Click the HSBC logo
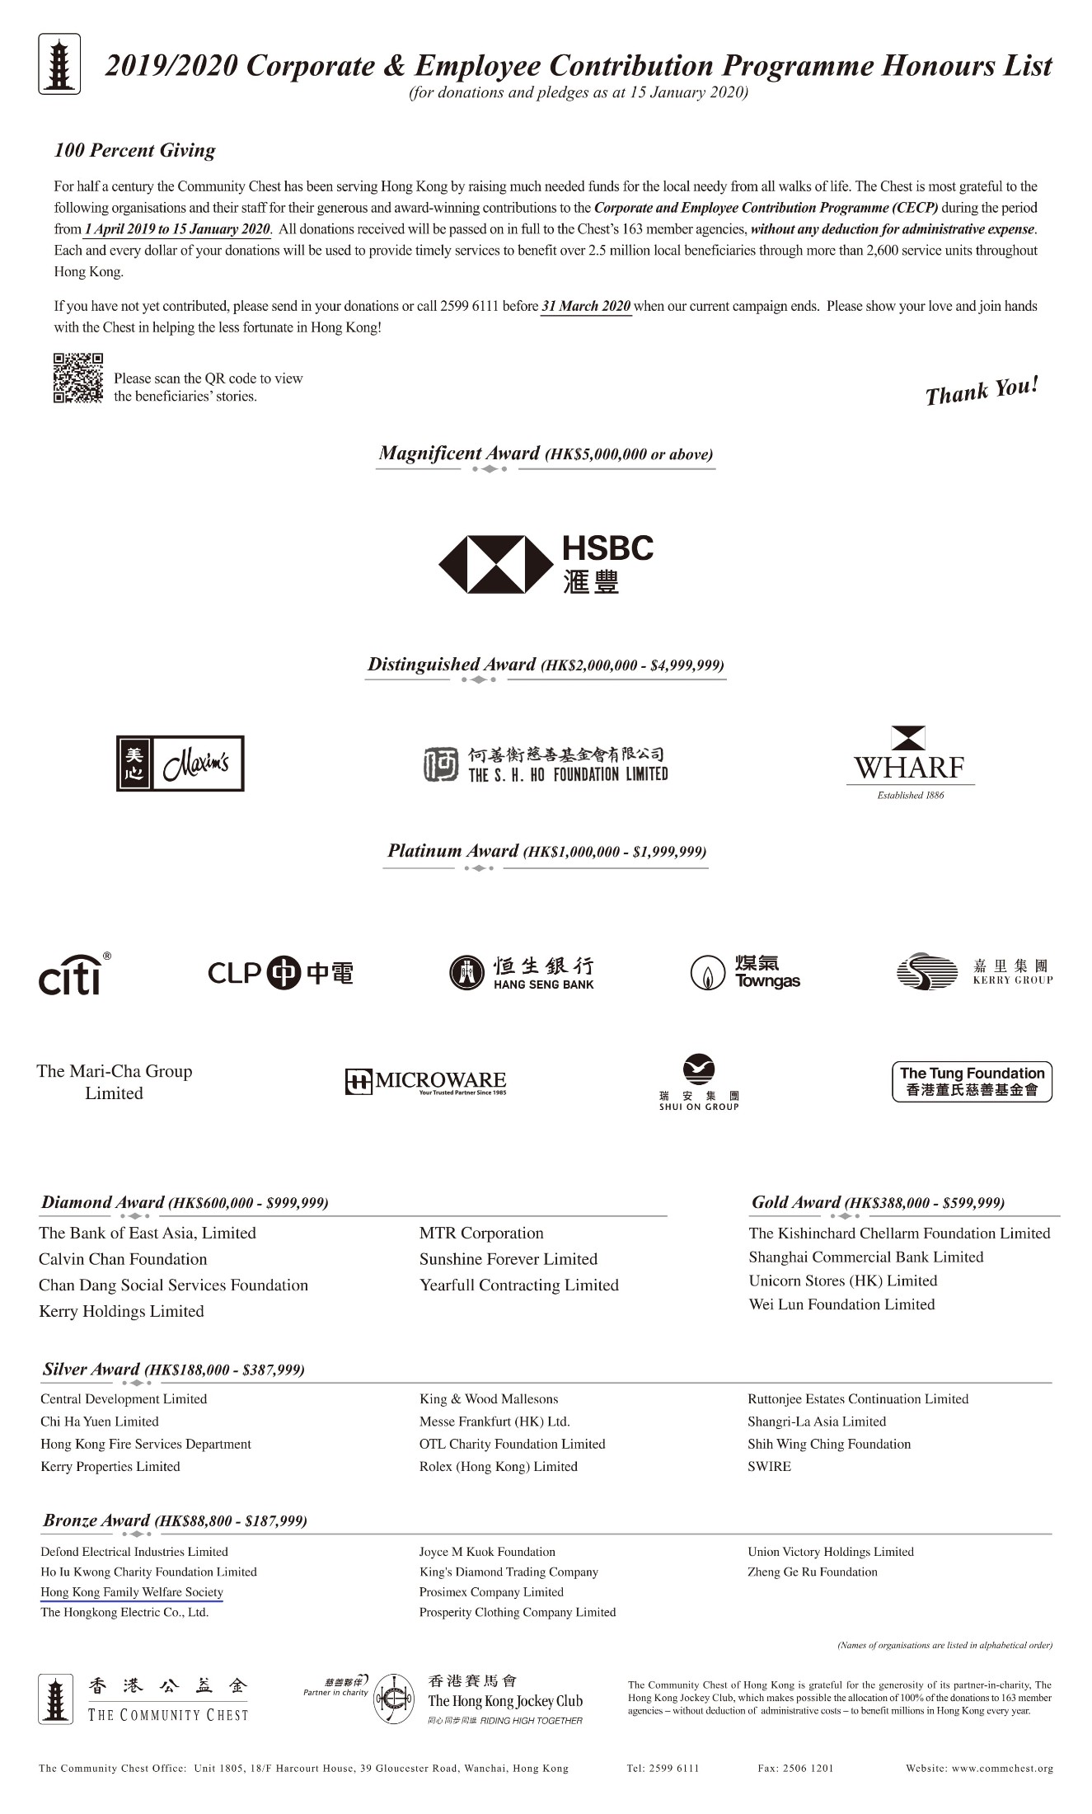(546, 564)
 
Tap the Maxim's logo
(180, 764)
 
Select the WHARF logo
(909, 763)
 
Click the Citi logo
(73, 975)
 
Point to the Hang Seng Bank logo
(522, 973)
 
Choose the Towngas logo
(745, 973)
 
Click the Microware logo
(425, 1082)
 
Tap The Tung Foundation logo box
(972, 1082)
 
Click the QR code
(78, 378)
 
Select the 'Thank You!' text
(981, 391)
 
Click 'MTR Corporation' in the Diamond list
(481, 1233)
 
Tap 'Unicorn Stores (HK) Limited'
(842, 1281)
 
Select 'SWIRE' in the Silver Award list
(769, 1466)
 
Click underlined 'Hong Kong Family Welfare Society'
(132, 1592)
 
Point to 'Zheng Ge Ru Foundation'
(812, 1572)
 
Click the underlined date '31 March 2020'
(586, 306)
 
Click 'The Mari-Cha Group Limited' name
(114, 1082)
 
